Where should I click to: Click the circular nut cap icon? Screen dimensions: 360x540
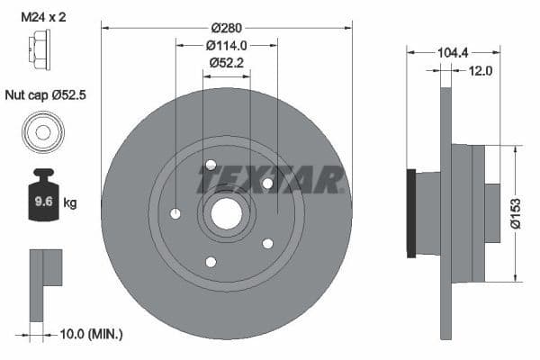(x=41, y=132)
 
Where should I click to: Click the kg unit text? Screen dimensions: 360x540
(x=70, y=202)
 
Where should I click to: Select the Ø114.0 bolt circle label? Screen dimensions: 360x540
(x=226, y=44)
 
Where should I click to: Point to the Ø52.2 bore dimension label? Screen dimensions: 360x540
(x=226, y=62)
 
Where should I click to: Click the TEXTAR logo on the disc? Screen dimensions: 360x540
(x=271, y=181)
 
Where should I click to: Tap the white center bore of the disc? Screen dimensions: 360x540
(x=226, y=213)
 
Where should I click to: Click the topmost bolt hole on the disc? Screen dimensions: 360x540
(x=211, y=165)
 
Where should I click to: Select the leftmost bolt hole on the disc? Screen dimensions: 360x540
(x=175, y=213)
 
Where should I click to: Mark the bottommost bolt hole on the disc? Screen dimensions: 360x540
(x=211, y=262)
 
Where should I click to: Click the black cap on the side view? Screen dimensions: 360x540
(x=411, y=213)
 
